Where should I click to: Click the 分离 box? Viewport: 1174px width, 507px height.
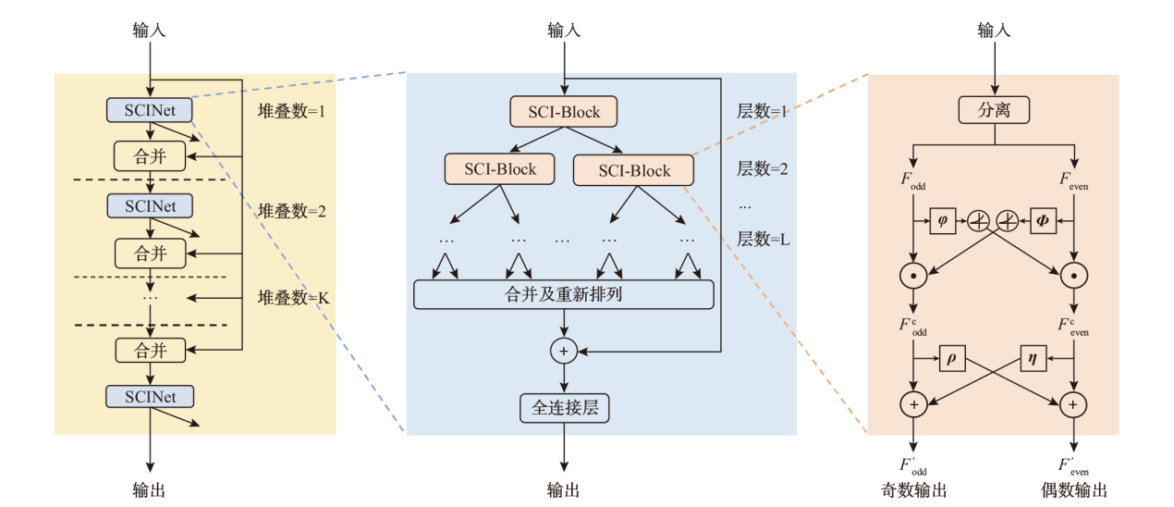click(994, 110)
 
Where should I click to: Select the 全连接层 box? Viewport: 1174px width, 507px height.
click(564, 407)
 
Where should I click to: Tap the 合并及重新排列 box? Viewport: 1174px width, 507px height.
click(564, 294)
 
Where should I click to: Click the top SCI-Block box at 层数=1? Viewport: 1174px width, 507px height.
click(564, 112)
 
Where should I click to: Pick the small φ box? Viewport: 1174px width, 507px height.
click(942, 220)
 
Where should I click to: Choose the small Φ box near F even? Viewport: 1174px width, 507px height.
click(1044, 220)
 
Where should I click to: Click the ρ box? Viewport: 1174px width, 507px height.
click(952, 358)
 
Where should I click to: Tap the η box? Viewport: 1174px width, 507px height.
click(1033, 358)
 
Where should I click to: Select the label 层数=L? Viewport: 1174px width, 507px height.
click(762, 239)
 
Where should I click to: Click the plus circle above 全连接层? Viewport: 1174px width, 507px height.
click(564, 351)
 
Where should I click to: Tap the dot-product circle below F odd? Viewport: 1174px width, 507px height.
click(913, 275)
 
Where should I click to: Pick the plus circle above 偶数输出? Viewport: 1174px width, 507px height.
click(1073, 404)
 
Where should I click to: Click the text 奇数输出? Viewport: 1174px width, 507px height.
click(915, 489)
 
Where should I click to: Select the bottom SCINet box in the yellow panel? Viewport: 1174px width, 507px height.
click(150, 397)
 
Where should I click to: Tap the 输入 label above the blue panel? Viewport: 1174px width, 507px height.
click(564, 31)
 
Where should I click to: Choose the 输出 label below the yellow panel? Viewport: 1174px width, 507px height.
click(150, 489)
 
